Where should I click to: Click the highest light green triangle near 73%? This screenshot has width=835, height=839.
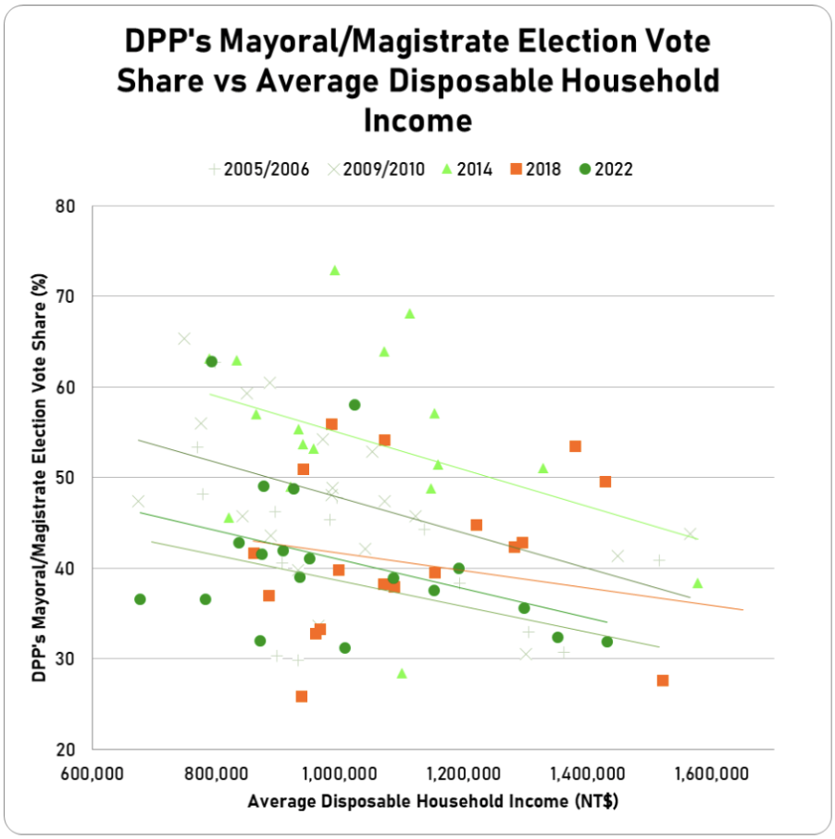334,270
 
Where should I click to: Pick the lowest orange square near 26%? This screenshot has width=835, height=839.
301,696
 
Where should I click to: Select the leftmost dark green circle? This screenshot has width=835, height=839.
140,599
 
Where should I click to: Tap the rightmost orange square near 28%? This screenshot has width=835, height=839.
663,681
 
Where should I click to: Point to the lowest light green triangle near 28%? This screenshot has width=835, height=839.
402,673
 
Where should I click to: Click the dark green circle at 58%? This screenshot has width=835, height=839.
355,405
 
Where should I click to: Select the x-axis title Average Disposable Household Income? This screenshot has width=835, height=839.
432,802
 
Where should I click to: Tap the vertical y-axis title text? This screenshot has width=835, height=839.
40,477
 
